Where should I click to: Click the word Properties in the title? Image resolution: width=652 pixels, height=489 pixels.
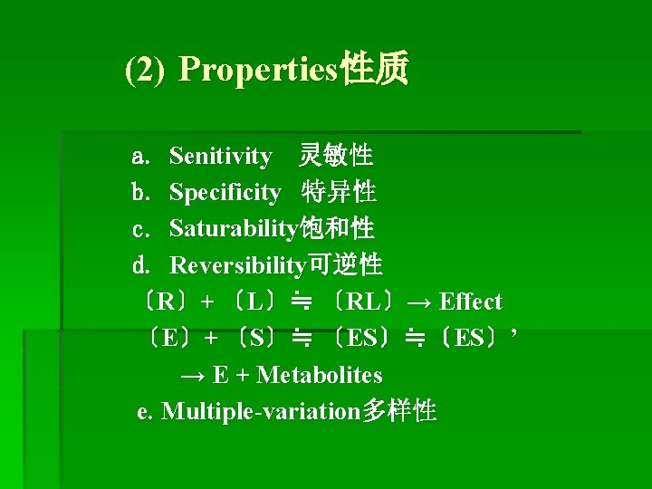point(258,70)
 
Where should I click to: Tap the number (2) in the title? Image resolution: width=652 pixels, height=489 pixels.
point(145,70)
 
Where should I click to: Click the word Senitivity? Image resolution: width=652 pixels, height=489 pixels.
point(220,157)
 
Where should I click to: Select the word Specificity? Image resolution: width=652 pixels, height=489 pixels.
point(225,193)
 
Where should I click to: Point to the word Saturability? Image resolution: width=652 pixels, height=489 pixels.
point(233,229)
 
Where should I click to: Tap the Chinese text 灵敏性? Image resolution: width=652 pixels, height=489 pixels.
point(336,156)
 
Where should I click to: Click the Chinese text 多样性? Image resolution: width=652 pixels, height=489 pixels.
point(398,411)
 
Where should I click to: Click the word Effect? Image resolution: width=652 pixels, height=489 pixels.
point(471,302)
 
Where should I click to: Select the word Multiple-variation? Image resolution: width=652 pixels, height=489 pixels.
point(261,412)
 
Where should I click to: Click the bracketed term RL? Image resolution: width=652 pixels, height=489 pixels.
point(363,302)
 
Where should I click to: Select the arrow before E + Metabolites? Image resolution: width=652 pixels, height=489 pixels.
point(193,375)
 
